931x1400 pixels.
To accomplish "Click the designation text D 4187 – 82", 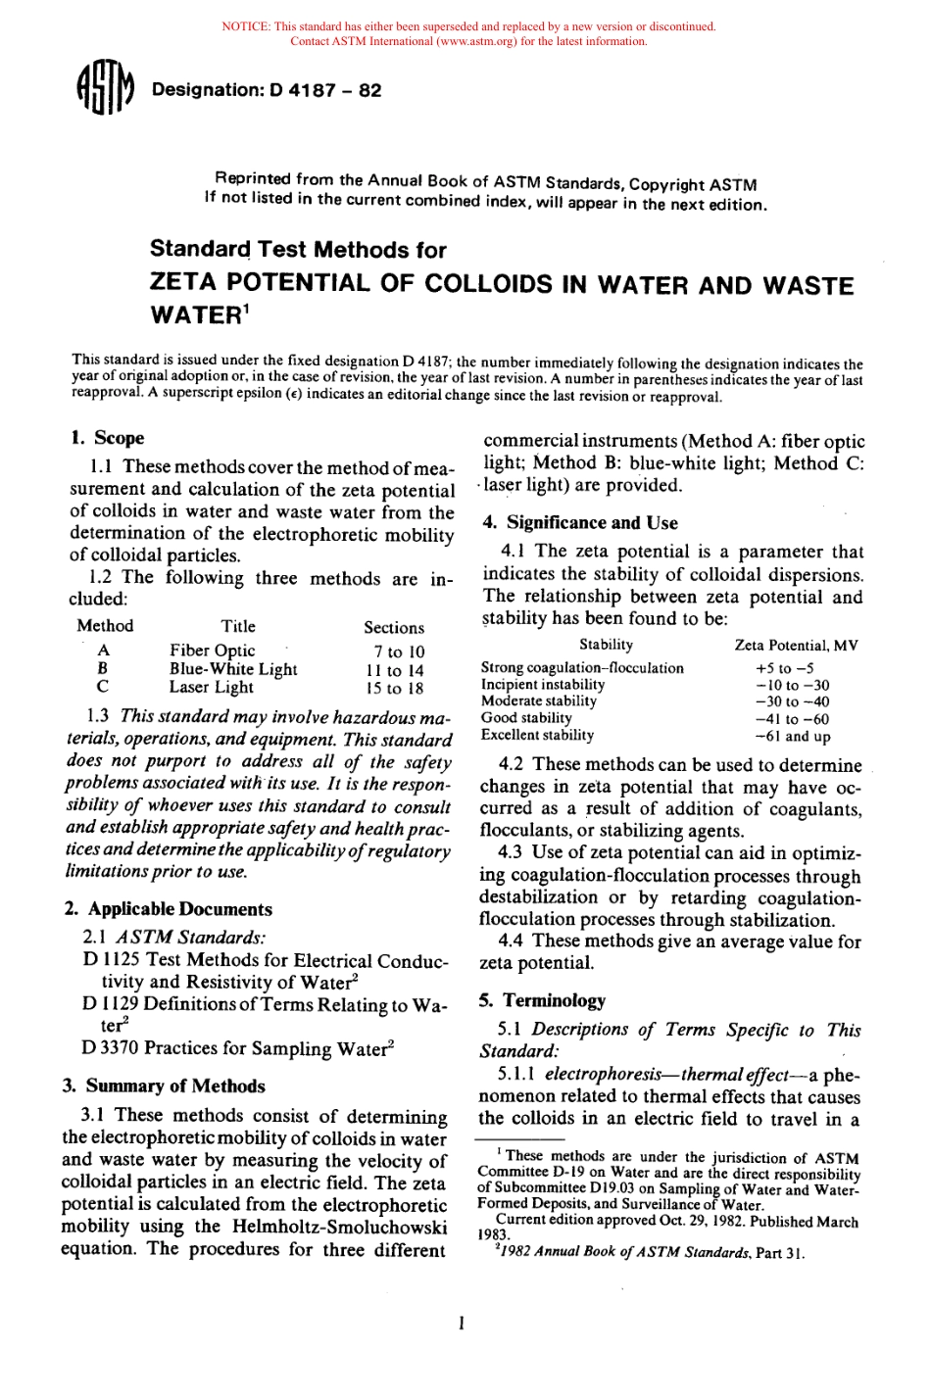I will click(x=267, y=90).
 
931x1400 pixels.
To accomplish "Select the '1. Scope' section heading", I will click(x=107, y=438).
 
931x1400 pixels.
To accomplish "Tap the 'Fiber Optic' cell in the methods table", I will click(x=212, y=651).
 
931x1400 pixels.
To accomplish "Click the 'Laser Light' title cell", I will click(x=211, y=687).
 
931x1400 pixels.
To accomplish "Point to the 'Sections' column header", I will click(x=394, y=627).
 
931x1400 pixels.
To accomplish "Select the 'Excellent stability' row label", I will click(x=537, y=735).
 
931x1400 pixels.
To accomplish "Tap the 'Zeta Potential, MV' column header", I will click(x=796, y=645).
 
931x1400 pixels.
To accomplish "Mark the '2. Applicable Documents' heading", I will click(x=168, y=909).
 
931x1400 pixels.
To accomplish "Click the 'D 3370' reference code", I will click(x=109, y=1048).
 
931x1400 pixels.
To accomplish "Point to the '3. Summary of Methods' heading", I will click(x=163, y=1086).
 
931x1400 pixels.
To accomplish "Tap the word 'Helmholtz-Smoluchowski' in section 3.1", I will click(x=339, y=1227).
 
